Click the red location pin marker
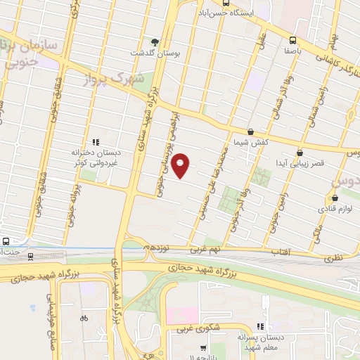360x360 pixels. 181,165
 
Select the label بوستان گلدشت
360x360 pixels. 149,53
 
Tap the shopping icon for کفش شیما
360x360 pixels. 251,131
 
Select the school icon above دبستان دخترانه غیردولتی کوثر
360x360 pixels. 96,141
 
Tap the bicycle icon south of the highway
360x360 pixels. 84,318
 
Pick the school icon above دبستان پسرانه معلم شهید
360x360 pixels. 260,326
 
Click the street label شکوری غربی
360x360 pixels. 189,328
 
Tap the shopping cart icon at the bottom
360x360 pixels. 203,347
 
